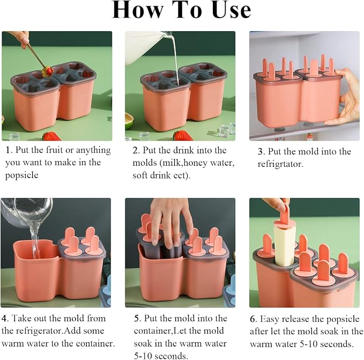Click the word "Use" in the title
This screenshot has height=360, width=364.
pos(232,10)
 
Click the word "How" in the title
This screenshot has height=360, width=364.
pos(138,10)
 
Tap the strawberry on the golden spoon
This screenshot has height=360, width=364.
pos(48,70)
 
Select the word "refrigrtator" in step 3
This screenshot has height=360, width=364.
pos(280,164)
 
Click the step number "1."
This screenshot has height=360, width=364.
pos(9,150)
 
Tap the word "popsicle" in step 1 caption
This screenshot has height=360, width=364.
pos(21,175)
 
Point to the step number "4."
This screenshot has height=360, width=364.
pos(5,318)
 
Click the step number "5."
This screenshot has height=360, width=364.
pos(138,318)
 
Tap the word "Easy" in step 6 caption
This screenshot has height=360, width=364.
pos(269,319)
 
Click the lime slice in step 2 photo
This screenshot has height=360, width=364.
pos(129,121)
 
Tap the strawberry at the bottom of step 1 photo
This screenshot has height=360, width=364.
pos(51,136)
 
